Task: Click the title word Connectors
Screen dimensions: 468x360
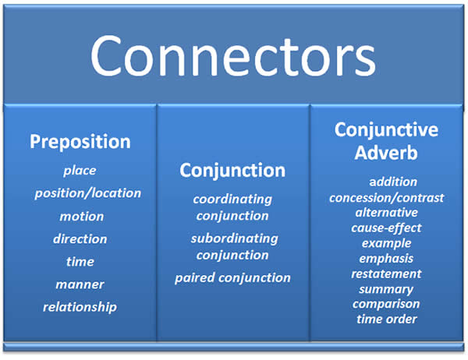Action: click(232, 56)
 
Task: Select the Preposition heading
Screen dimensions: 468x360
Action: click(80, 142)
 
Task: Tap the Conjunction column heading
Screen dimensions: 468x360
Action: click(232, 171)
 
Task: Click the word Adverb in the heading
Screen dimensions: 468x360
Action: click(386, 153)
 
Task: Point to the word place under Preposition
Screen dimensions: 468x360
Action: click(80, 171)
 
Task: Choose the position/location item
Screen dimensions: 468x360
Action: click(87, 193)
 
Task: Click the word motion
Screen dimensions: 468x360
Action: click(81, 217)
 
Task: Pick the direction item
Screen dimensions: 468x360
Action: click(80, 239)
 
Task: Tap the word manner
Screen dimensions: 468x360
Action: click(80, 284)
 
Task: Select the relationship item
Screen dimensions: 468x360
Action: click(80, 307)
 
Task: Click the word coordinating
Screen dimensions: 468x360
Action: click(232, 199)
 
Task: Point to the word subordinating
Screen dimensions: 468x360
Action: click(234, 239)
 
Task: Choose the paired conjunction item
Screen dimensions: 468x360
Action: click(232, 278)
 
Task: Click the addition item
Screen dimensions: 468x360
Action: click(393, 182)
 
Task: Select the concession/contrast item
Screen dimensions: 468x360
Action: click(387, 198)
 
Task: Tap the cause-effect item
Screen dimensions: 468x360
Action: click(386, 228)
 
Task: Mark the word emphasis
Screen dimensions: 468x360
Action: click(386, 259)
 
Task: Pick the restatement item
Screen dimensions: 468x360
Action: click(386, 274)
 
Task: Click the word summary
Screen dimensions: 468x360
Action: click(386, 290)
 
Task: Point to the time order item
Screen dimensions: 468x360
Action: click(387, 319)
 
